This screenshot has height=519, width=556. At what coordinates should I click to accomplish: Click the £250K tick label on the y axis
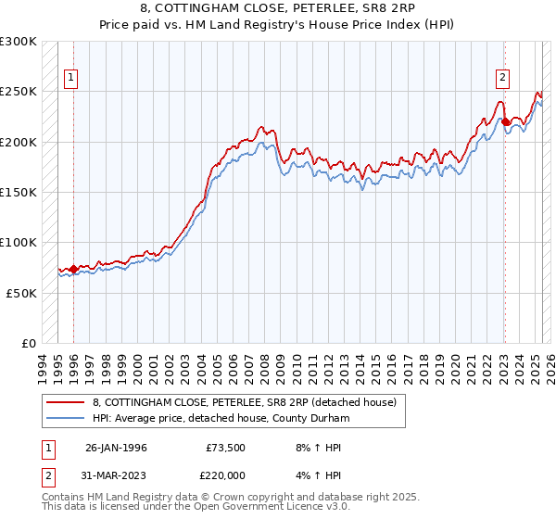tap(19, 92)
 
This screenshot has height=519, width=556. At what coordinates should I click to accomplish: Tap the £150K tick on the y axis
tap(19, 193)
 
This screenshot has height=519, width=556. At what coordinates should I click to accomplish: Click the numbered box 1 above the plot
tap(70, 79)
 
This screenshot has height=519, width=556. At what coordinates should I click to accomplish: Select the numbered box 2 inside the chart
tap(502, 79)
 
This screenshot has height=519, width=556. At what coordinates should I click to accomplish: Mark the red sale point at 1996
tap(74, 270)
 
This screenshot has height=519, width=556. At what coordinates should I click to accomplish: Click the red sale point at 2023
tap(505, 122)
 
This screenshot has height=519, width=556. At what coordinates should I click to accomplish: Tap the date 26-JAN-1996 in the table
tap(116, 448)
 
